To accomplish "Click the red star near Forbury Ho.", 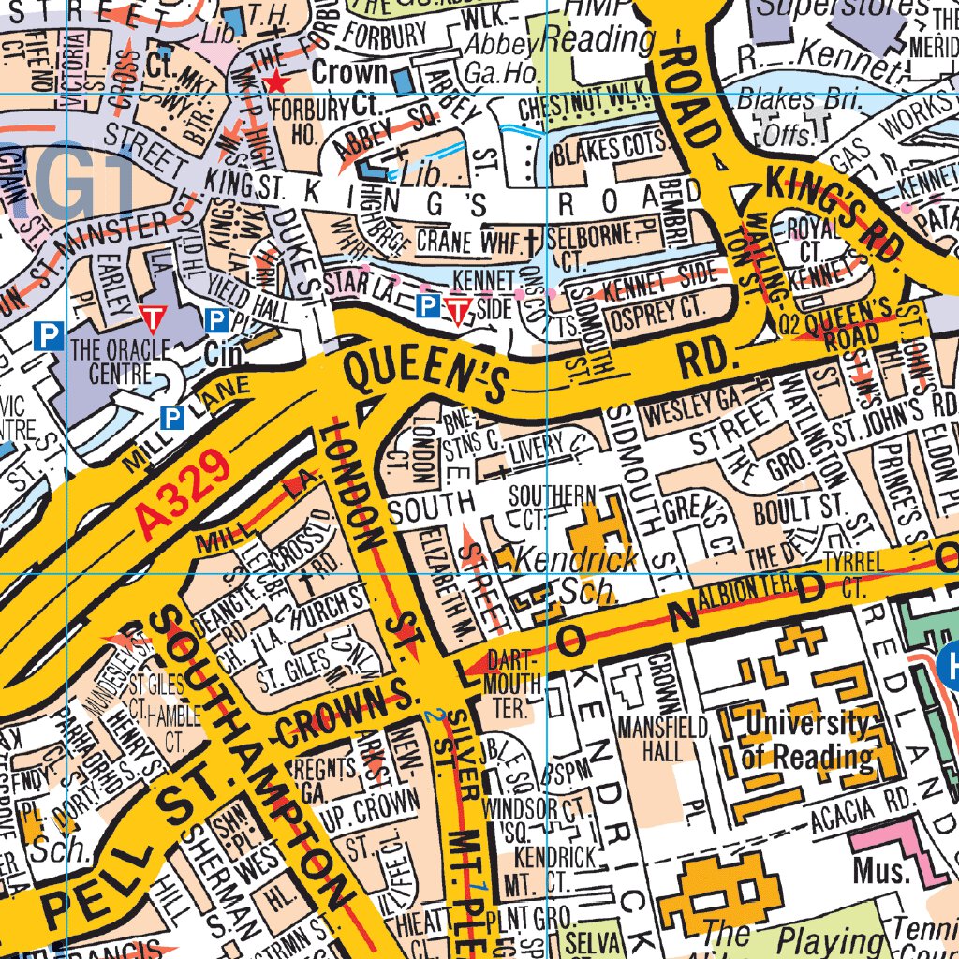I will [x=276, y=82].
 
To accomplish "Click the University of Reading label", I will [x=805, y=740].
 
